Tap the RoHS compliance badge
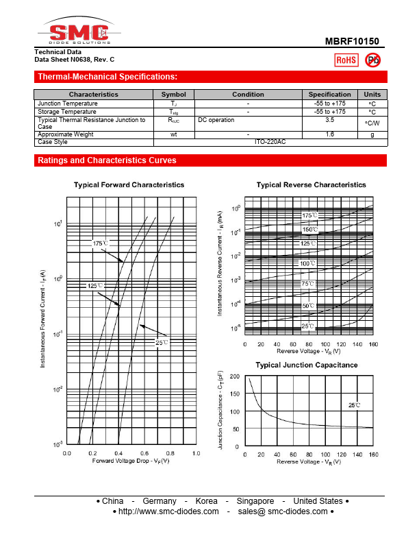pyautogui.click(x=346, y=60)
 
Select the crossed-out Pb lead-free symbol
pyautogui.click(x=373, y=60)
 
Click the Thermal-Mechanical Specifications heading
pyautogui.click(x=107, y=76)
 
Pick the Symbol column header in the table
pyautogui.click(x=173, y=95)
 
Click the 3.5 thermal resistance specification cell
pyautogui.click(x=329, y=120)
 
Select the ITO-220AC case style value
pyautogui.click(x=270, y=141)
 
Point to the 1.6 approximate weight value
pyautogui.click(x=329, y=134)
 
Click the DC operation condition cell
pyautogui.click(x=216, y=120)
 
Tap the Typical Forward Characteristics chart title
pyautogui.click(x=129, y=185)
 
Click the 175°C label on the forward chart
pyautogui.click(x=101, y=243)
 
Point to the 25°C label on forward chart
pyautogui.click(x=162, y=341)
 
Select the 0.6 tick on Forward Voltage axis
pyautogui.click(x=144, y=454)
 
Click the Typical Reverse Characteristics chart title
pyautogui.click(x=311, y=185)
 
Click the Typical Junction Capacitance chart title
pyautogui.click(x=306, y=365)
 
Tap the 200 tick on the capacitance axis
pyautogui.click(x=235, y=376)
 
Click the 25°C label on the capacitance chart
pyautogui.click(x=353, y=405)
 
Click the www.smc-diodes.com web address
pyautogui.click(x=168, y=511)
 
